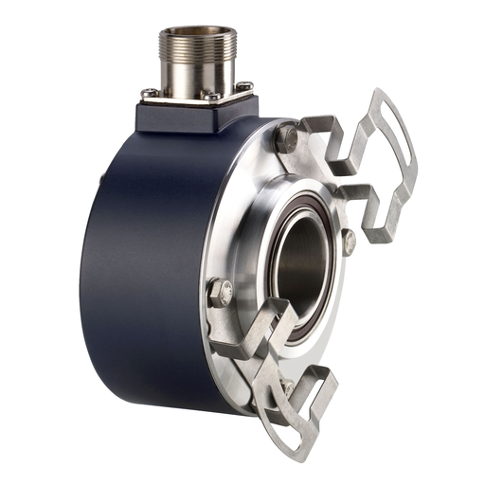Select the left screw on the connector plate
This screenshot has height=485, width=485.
[x=149, y=92]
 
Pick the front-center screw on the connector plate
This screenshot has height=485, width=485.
[x=210, y=97]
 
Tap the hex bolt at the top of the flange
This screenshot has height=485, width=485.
[x=287, y=139]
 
